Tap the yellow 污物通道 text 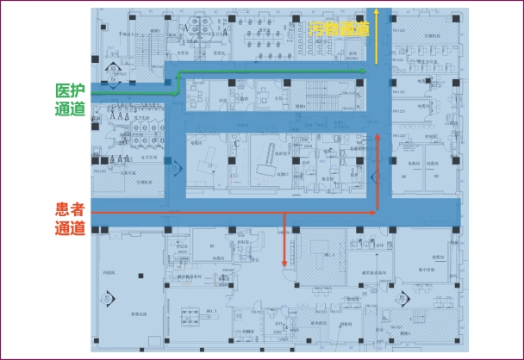click(340, 28)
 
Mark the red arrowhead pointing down click(284, 264)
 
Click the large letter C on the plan click(235, 144)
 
